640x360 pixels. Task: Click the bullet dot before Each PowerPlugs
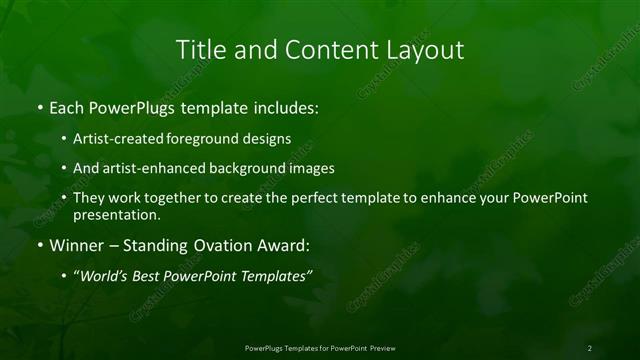(39, 106)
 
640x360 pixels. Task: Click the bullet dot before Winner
(39, 245)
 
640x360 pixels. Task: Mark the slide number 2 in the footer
(590, 348)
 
